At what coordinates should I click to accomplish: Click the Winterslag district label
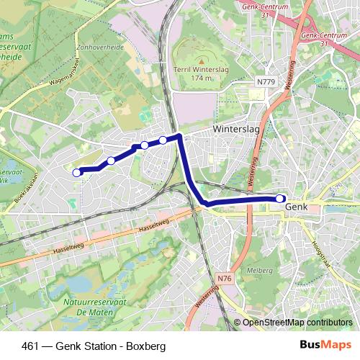(236, 130)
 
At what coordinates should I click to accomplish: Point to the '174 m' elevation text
(202, 76)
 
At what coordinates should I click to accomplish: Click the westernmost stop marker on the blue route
(77, 172)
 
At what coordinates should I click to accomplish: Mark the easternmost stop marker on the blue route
(280, 198)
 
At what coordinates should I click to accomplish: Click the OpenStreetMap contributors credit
(297, 322)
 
